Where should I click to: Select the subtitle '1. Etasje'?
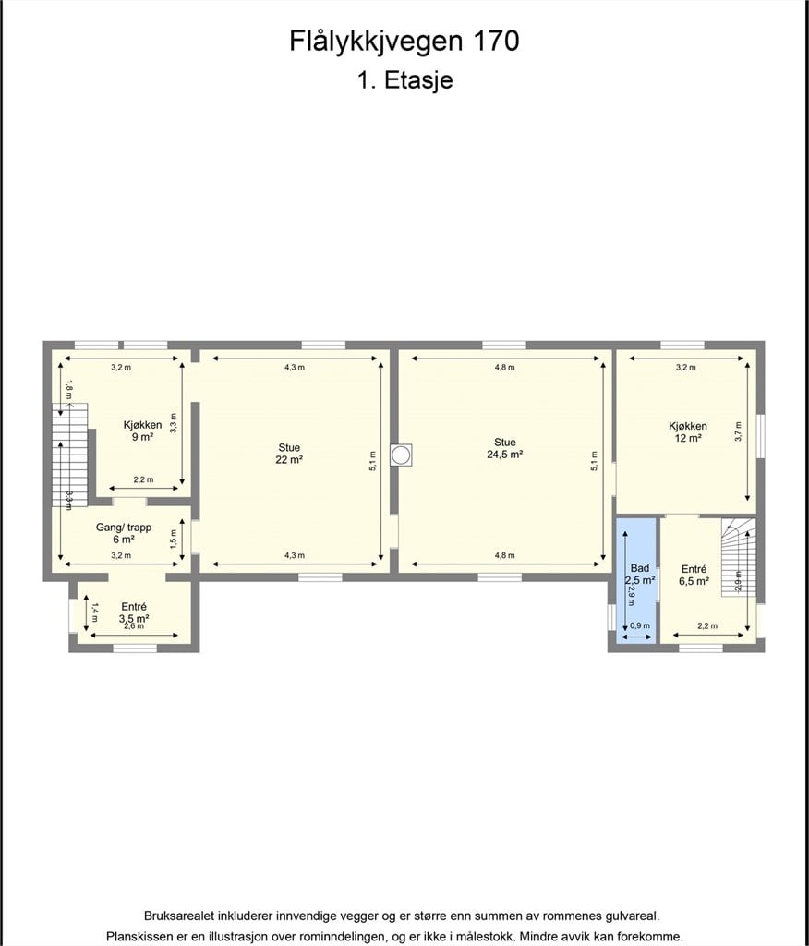pos(404,80)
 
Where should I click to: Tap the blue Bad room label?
pos(639,575)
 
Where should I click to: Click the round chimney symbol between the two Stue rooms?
pos(401,455)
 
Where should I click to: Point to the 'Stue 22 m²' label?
pos(289,453)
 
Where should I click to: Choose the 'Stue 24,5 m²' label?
pos(505,448)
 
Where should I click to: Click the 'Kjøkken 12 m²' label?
pos(688,432)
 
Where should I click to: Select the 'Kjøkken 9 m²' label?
pos(142,431)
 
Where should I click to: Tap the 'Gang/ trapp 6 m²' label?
pos(124,533)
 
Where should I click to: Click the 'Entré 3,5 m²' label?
pos(134,613)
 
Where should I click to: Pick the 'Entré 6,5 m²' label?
pos(694,575)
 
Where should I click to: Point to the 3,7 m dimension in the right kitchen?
pos(739,431)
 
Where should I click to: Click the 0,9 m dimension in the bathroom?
pos(640,625)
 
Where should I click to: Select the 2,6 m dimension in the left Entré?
pos(134,625)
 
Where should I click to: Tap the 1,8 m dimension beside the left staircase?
pos(69,389)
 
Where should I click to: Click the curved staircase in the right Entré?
pos(739,557)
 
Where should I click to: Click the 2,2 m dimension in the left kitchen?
pos(143,479)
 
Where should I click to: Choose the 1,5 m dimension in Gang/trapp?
pos(174,539)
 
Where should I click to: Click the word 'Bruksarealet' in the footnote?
pos(177,916)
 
